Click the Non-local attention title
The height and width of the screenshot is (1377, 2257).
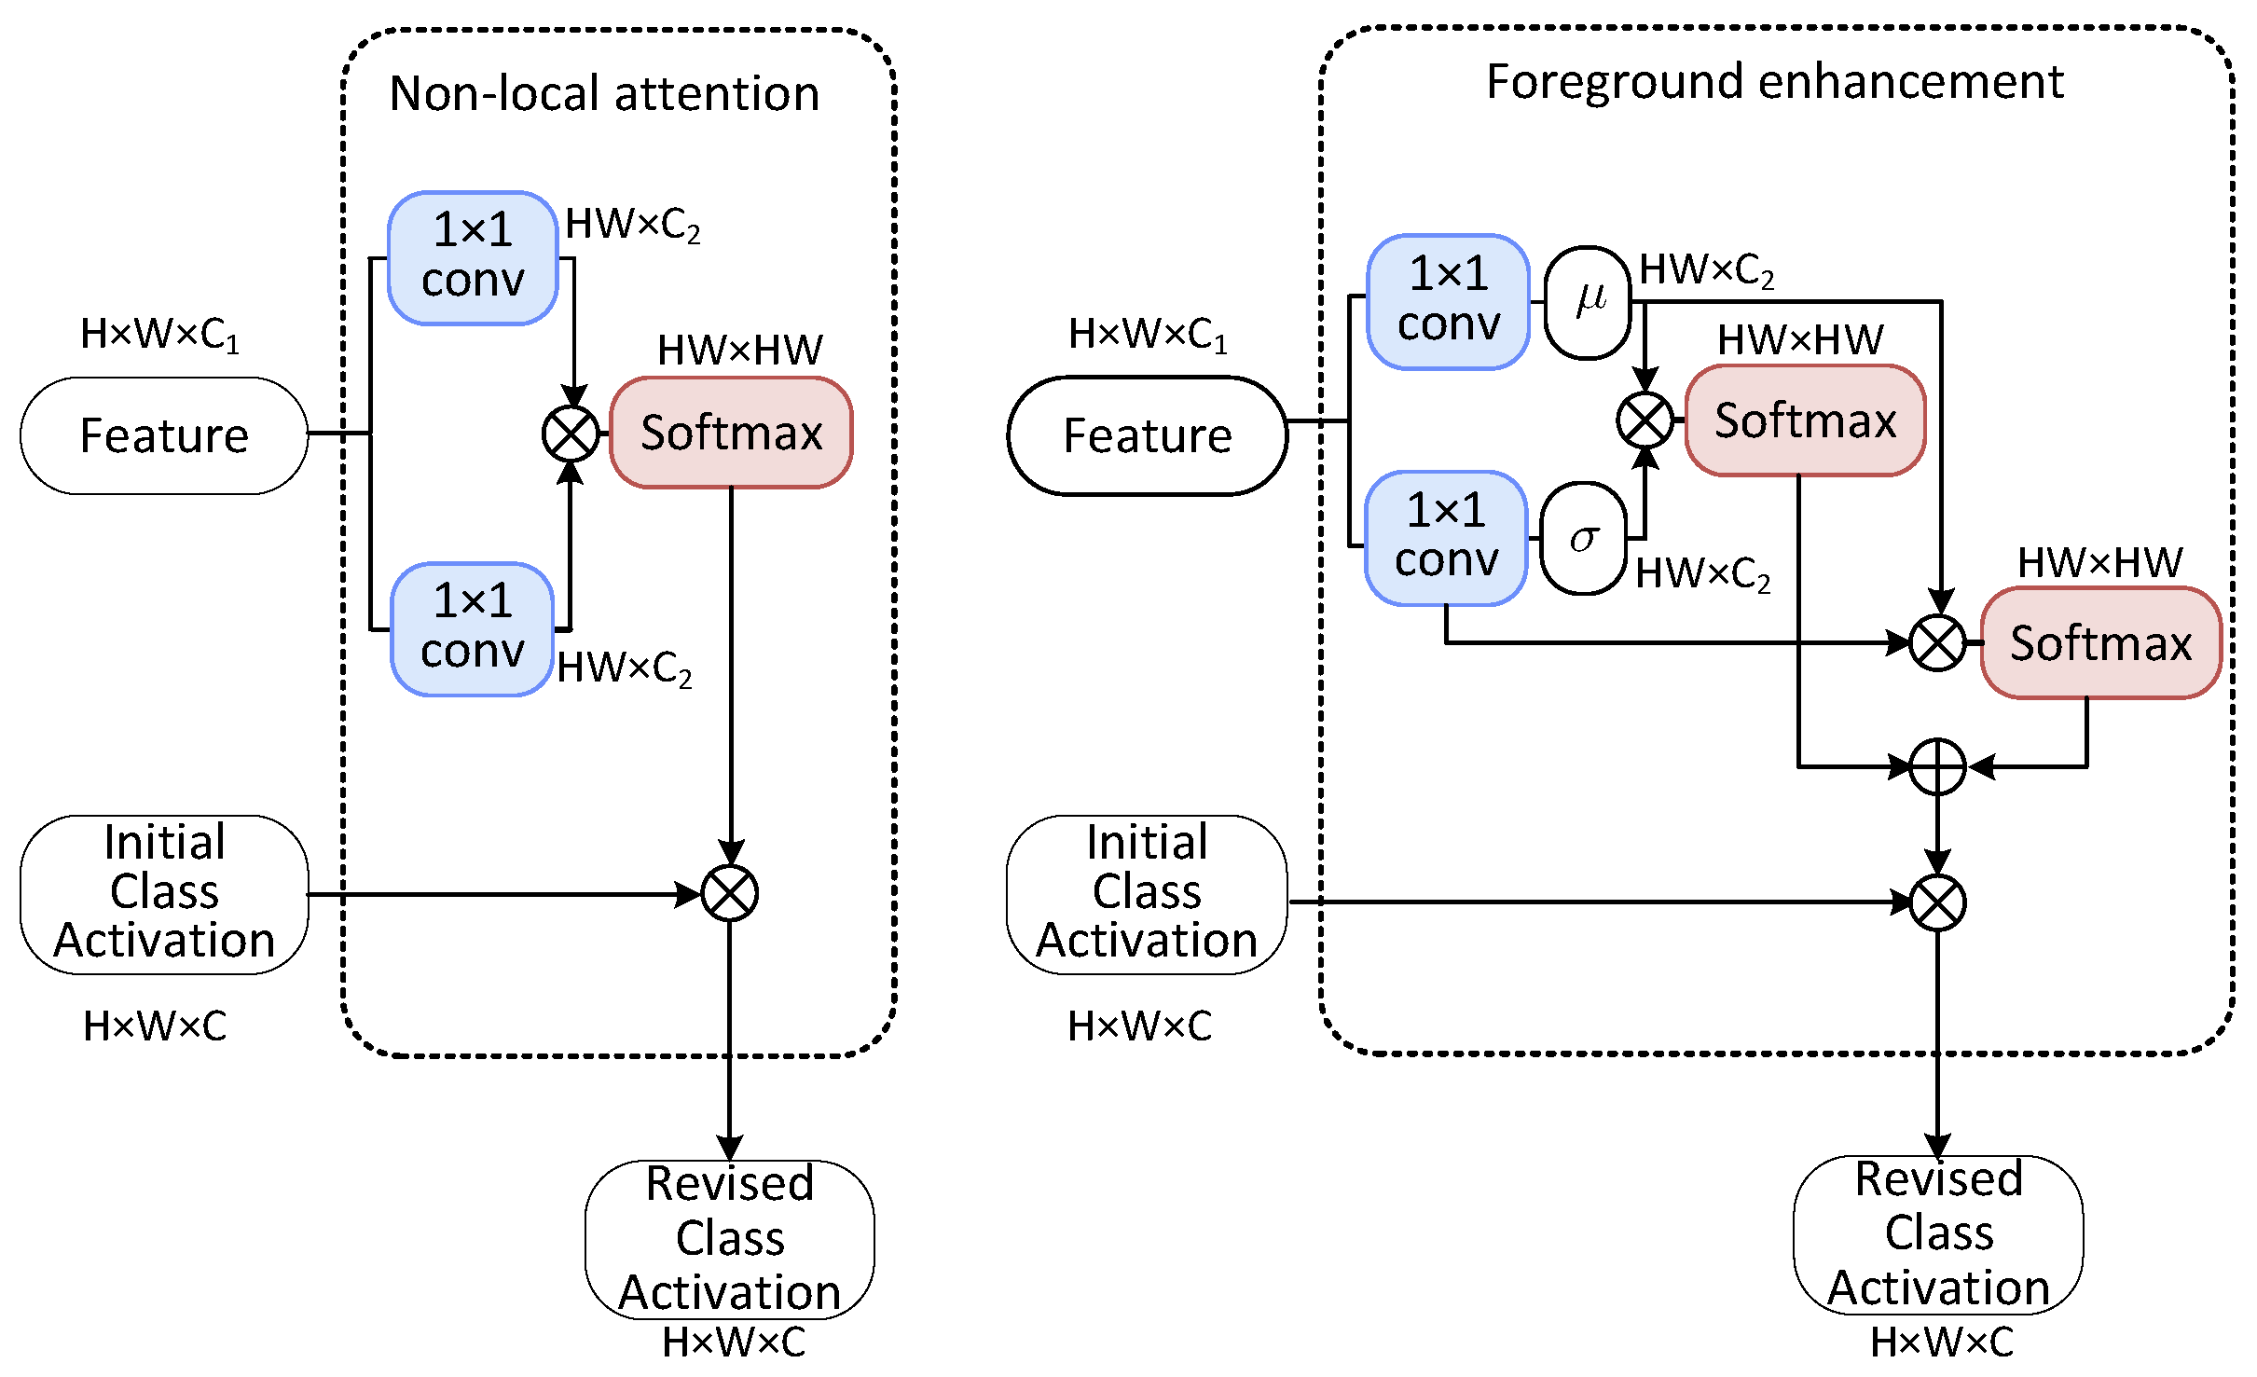click(604, 93)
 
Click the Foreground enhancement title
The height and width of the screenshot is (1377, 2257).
click(1774, 82)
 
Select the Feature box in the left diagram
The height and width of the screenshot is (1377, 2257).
click(164, 435)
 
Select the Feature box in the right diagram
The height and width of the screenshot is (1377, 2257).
click(1148, 435)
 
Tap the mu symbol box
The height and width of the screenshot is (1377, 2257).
click(1588, 302)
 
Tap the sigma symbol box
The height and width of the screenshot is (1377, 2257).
click(1584, 538)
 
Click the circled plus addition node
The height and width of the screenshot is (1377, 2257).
click(1937, 767)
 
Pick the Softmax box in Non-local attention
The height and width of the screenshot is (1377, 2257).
click(731, 433)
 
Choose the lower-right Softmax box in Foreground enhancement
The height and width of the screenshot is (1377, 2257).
click(2100, 643)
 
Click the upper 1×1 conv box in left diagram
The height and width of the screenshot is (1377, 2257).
click(473, 257)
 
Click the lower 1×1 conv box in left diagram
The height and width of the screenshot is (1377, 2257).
click(473, 628)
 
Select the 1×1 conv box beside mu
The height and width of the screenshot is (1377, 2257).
click(1448, 301)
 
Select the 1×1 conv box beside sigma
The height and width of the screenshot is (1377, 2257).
click(1446, 538)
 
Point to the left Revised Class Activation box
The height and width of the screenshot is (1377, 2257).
click(730, 1238)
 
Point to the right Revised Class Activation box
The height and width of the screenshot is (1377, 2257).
click(1938, 1233)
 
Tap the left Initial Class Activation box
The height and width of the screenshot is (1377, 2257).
click(164, 893)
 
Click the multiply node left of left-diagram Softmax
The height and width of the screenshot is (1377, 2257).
click(571, 434)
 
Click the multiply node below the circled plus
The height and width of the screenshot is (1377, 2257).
click(1937, 902)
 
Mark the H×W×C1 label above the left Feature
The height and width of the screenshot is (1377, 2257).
click(159, 334)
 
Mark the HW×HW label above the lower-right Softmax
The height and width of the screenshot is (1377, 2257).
click(2099, 562)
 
